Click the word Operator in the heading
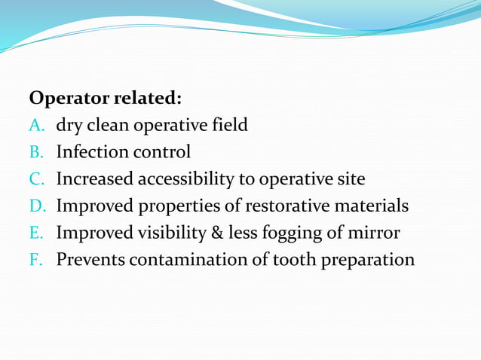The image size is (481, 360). (x=68, y=99)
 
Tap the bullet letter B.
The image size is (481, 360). (x=35, y=152)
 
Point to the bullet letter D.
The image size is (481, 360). (x=36, y=206)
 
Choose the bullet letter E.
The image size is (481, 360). (x=35, y=233)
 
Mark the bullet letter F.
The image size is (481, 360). (x=35, y=260)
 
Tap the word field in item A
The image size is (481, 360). (x=227, y=125)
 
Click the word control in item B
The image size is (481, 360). (x=162, y=152)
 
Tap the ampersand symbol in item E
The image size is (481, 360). (x=217, y=233)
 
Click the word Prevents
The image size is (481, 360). (x=90, y=260)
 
